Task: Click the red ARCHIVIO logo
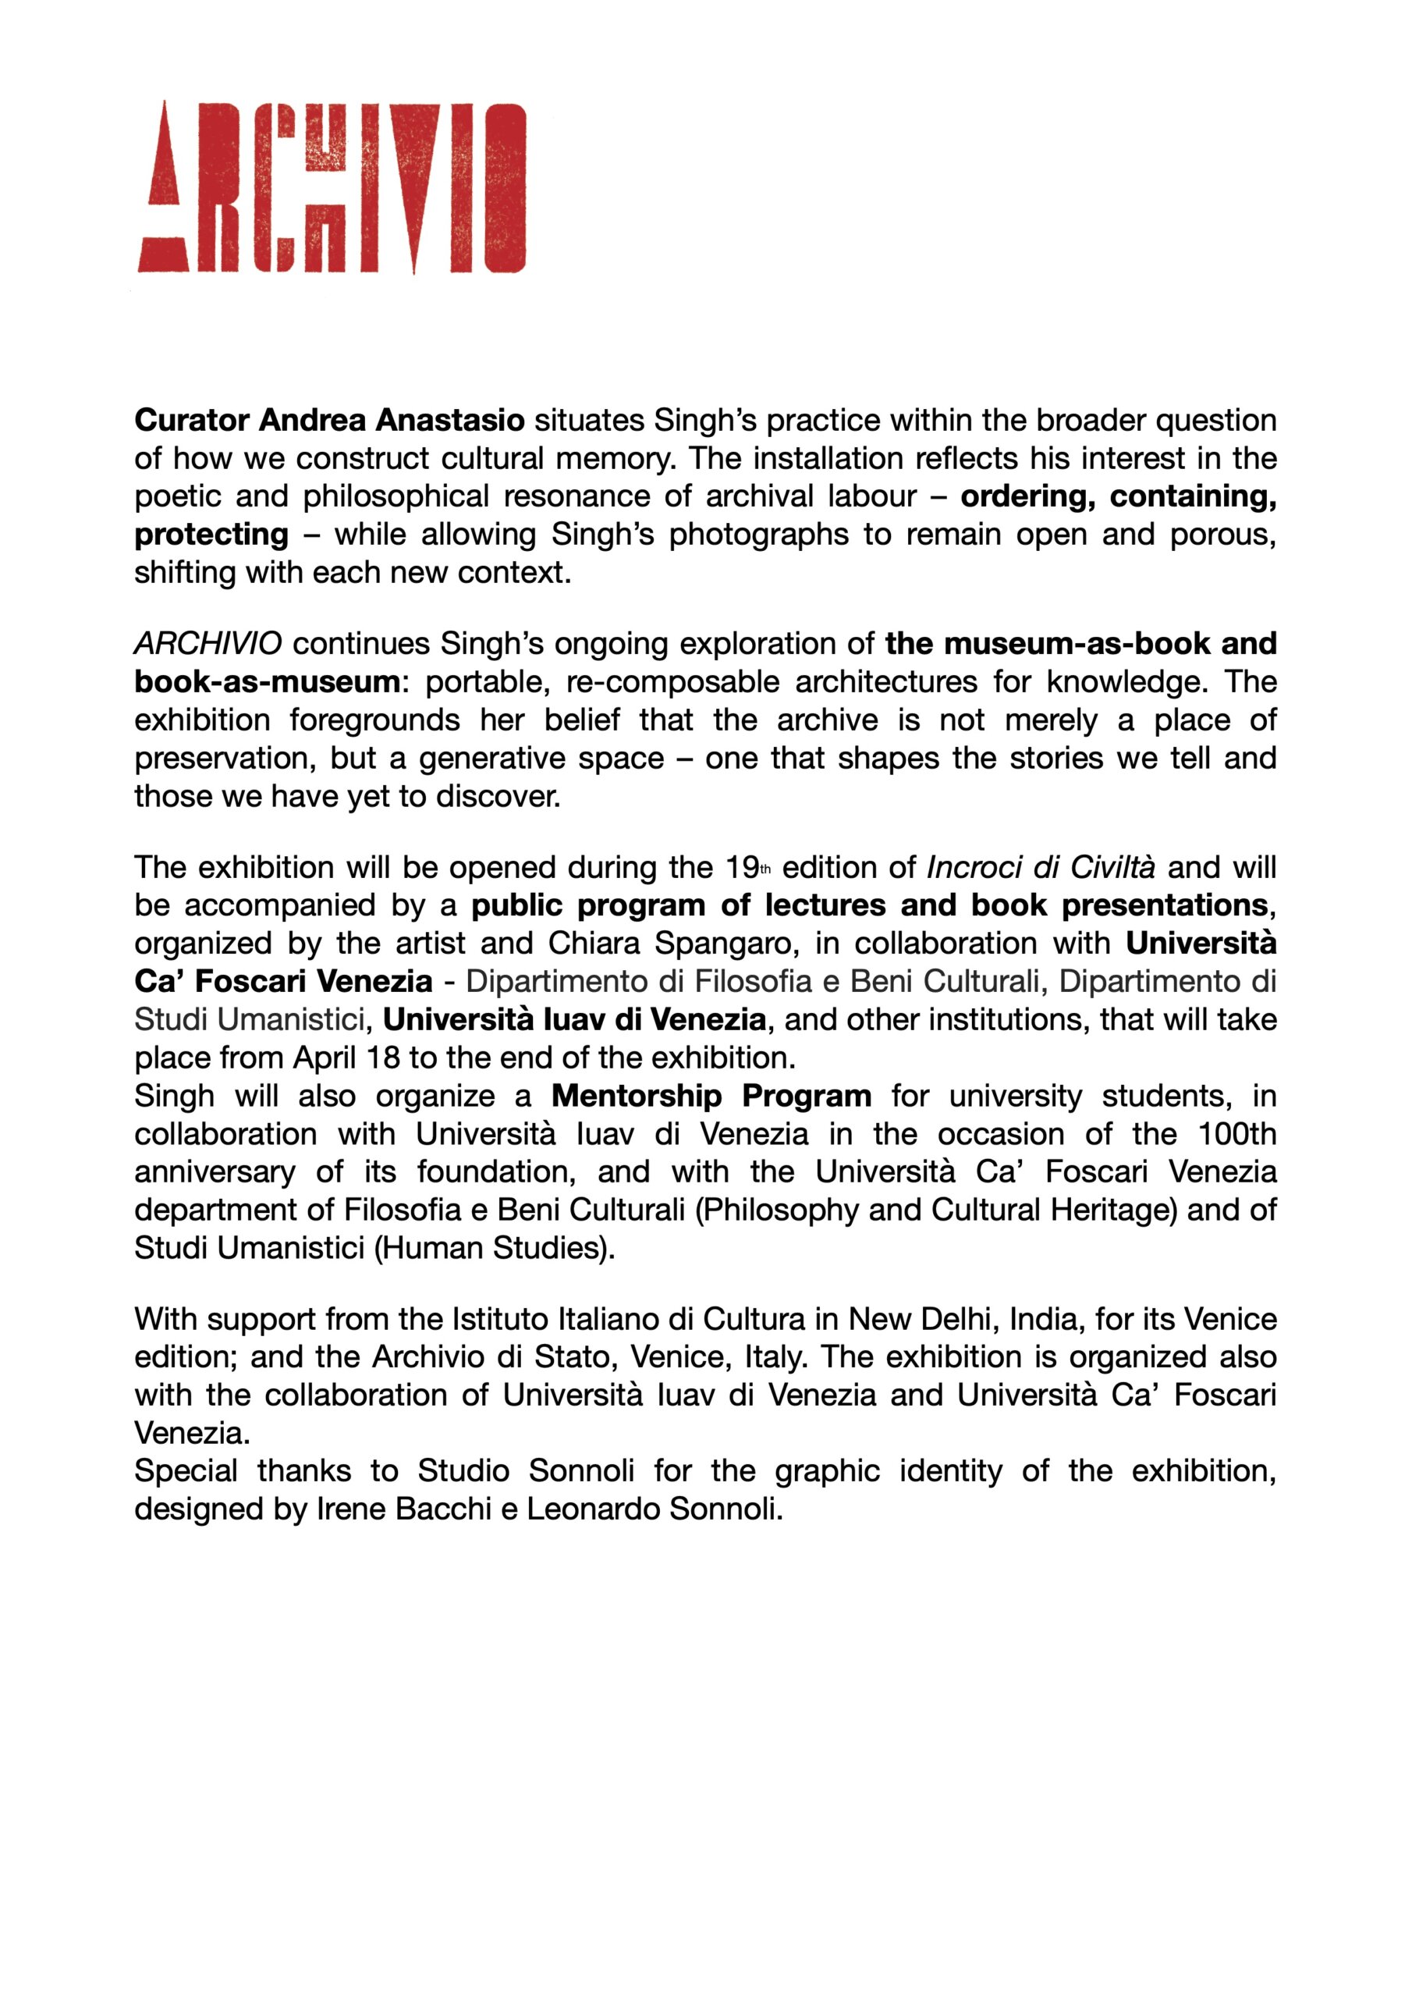pyautogui.click(x=332, y=188)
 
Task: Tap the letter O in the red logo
pyautogui.click(x=504, y=188)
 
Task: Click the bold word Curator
pyautogui.click(x=192, y=421)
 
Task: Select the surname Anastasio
pyautogui.click(x=450, y=421)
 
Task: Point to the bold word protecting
pyautogui.click(x=211, y=535)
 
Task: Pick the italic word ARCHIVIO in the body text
pyautogui.click(x=208, y=644)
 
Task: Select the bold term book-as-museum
pyautogui.click(x=267, y=681)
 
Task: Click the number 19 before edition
pyautogui.click(x=743, y=868)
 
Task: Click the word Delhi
pyautogui.click(x=953, y=1319)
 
